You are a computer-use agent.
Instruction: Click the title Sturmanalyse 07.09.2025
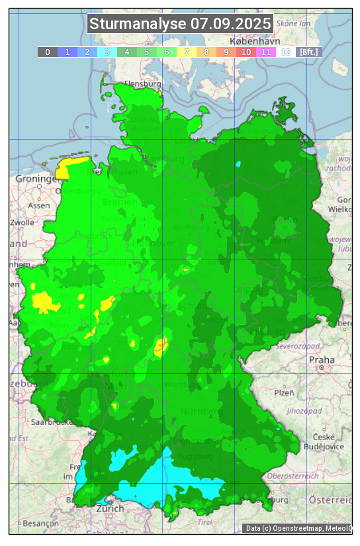click(x=180, y=24)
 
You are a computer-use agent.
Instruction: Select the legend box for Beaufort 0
click(x=48, y=52)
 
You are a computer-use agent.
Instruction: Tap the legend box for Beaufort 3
click(x=107, y=52)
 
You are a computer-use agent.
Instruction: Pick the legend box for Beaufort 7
click(x=187, y=52)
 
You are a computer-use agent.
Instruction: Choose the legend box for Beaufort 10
click(x=246, y=52)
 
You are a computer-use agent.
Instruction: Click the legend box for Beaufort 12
click(x=286, y=52)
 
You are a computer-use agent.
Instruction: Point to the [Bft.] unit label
click(x=309, y=52)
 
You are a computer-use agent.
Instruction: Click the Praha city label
click(x=322, y=359)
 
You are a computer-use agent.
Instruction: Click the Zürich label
click(x=110, y=508)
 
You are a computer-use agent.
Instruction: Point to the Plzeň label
click(x=285, y=392)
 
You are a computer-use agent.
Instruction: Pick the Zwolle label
click(x=22, y=222)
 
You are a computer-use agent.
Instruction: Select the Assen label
click(x=39, y=205)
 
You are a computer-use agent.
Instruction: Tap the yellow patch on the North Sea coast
click(x=70, y=166)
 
